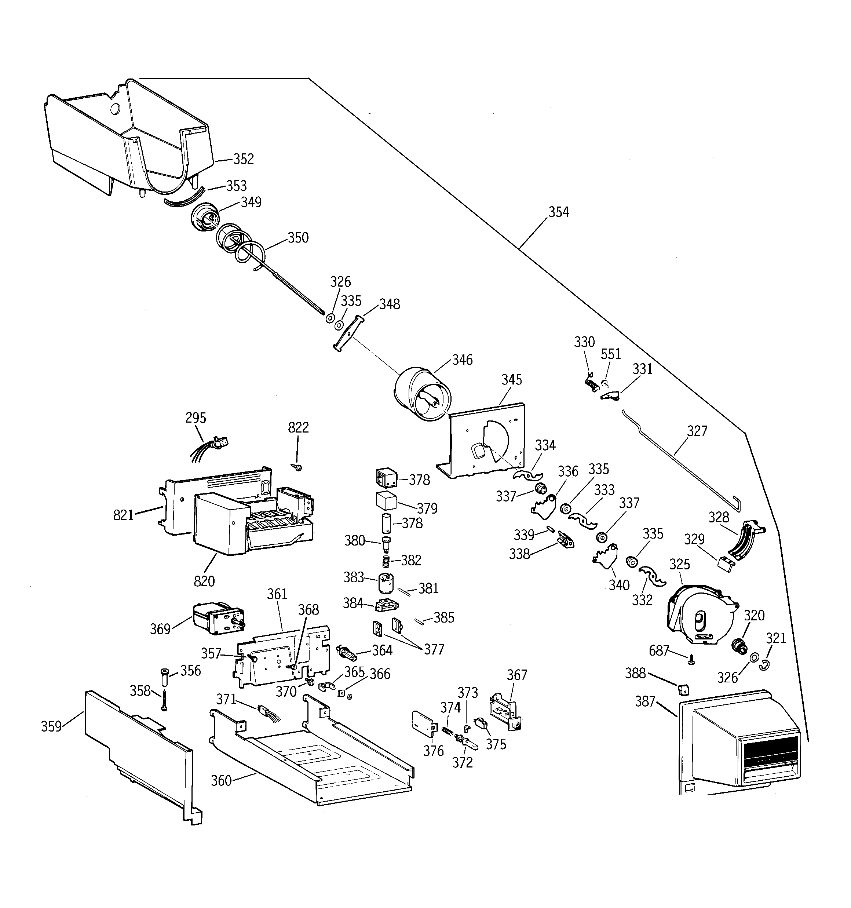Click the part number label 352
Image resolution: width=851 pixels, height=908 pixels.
(x=244, y=159)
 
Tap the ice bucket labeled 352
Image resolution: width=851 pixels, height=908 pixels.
(x=128, y=137)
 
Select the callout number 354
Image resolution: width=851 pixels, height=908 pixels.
(x=559, y=212)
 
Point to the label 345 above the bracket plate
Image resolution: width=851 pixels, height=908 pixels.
(x=512, y=380)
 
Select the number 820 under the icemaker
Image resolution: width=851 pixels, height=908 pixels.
(x=204, y=581)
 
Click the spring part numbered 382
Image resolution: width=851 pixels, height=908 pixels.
(x=387, y=561)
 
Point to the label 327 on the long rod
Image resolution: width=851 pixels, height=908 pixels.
(x=697, y=431)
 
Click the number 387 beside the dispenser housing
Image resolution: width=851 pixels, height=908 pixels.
(x=645, y=701)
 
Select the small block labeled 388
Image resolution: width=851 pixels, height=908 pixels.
(x=684, y=689)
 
